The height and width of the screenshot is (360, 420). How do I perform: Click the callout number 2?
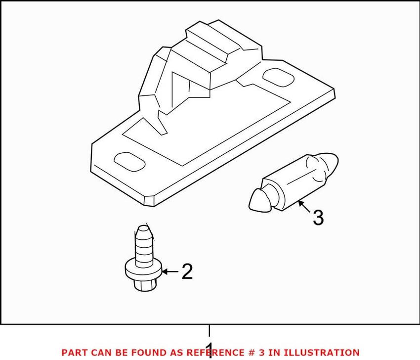pos(186,271)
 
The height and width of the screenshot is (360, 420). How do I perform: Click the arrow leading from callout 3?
pos(304,206)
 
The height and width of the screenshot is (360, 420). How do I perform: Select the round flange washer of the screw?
pos(143,270)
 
